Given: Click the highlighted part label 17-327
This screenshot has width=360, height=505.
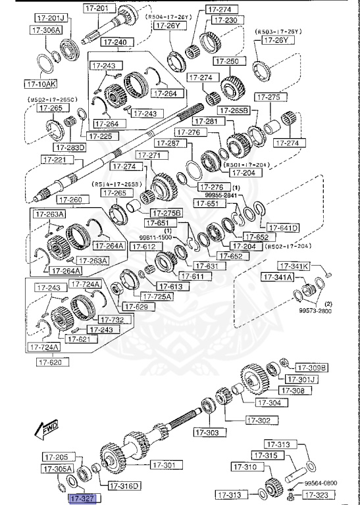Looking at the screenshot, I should tap(83, 499).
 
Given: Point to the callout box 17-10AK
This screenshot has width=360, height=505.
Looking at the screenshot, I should tap(41, 84).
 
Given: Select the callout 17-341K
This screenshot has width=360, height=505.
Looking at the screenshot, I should tap(294, 266).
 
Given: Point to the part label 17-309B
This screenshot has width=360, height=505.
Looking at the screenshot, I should tap(311, 368).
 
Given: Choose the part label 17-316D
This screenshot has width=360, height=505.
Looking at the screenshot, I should tap(124, 486).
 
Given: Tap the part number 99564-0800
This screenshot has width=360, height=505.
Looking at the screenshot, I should tap(321, 482).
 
